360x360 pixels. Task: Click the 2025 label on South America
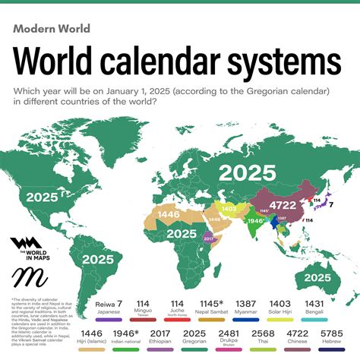point(101,259)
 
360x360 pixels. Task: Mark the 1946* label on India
point(256,226)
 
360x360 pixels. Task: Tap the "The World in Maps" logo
point(26,248)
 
